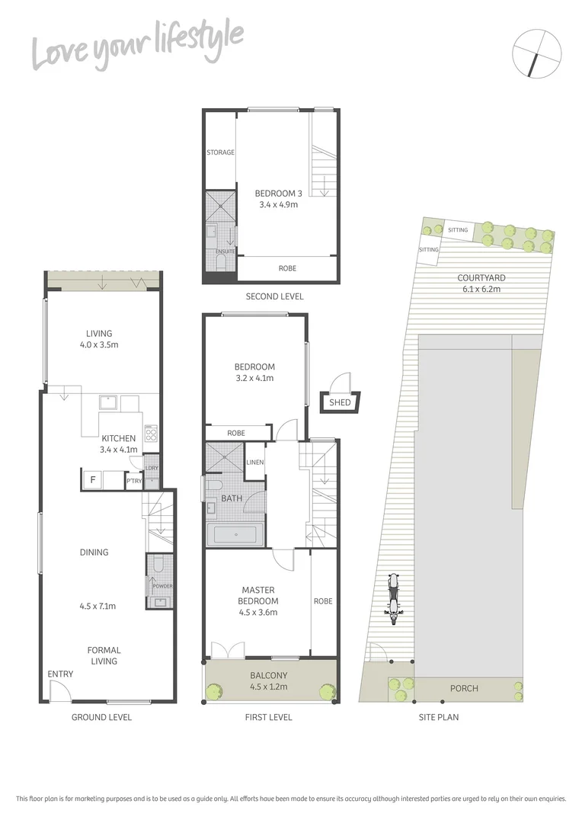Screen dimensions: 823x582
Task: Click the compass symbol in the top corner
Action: tap(538, 53)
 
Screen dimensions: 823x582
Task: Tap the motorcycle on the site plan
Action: tap(394, 599)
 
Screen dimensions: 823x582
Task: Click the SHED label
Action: tap(340, 402)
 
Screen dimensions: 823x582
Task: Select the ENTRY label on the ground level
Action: tap(60, 674)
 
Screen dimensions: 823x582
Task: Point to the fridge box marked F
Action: tap(93, 479)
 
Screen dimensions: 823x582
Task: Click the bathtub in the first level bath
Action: tap(235, 535)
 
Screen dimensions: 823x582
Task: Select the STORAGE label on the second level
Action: tap(220, 152)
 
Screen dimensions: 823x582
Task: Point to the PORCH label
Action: tap(464, 688)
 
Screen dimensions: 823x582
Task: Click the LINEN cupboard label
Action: tap(254, 463)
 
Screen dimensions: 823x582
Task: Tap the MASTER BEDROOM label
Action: tap(258, 595)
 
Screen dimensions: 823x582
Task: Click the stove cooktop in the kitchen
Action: tap(151, 437)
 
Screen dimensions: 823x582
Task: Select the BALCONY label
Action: tap(269, 675)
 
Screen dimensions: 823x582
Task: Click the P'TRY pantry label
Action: tap(134, 481)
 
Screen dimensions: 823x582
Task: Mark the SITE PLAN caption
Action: tap(438, 717)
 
